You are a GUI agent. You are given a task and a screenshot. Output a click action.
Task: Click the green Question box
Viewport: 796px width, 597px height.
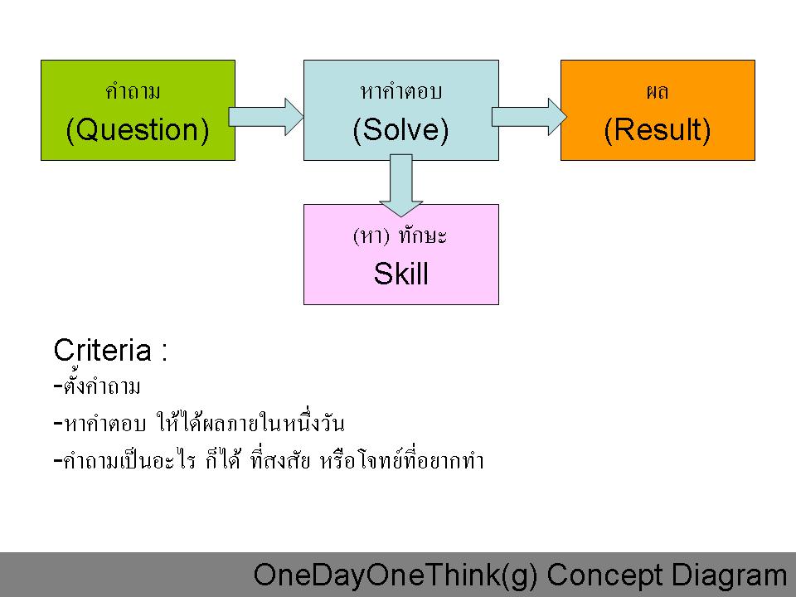coord(138,110)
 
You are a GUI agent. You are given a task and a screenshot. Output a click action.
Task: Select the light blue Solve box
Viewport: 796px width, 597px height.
coord(401,110)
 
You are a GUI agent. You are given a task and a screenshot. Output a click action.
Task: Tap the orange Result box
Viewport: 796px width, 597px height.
coord(658,110)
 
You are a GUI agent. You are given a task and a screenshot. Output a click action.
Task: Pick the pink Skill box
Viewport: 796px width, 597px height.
coord(401,255)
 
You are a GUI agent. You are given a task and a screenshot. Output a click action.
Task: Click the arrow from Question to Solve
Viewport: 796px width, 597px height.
coord(266,117)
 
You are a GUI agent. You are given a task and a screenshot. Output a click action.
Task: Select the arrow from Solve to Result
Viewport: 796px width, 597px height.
coord(529,117)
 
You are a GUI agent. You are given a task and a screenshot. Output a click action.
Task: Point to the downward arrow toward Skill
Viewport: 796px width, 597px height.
coord(401,185)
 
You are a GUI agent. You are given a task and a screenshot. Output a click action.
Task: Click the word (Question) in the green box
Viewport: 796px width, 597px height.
coord(138,130)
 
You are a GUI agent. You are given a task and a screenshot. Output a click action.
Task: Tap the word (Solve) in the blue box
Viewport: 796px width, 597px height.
coord(401,130)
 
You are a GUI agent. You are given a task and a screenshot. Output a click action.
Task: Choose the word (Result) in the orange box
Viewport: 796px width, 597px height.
coord(658,130)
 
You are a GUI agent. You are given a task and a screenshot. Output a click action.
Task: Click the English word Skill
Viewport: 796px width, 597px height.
coord(401,274)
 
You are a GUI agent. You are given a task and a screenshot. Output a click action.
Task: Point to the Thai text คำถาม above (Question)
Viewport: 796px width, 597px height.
coord(133,92)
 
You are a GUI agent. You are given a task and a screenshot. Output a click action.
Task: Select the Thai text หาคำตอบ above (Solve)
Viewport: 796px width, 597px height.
coord(401,92)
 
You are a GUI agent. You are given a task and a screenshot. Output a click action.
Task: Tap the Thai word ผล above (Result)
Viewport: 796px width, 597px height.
coord(658,92)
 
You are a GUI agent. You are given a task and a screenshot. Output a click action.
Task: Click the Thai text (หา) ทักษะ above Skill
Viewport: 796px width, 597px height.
coord(400,236)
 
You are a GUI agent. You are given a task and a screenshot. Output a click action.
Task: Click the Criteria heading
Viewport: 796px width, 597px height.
coord(110,350)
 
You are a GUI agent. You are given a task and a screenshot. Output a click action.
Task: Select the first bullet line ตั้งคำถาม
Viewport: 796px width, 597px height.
coord(97,386)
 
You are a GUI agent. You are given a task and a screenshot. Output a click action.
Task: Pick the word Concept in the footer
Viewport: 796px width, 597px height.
coord(604,576)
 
